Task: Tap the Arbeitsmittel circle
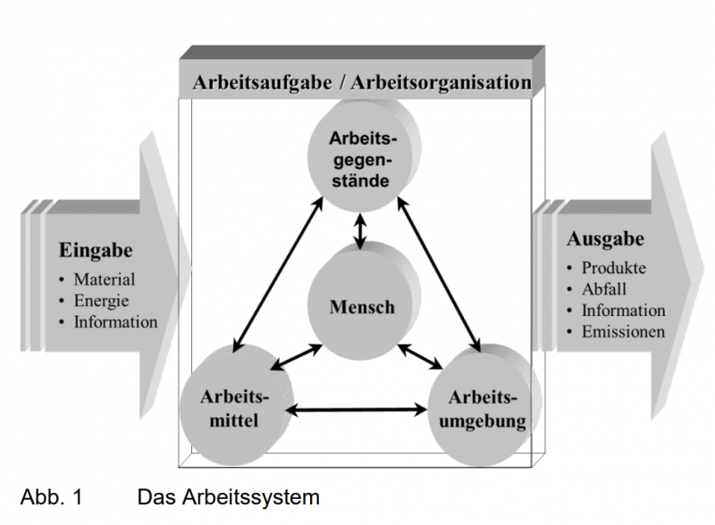point(232,407)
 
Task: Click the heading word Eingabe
point(96,251)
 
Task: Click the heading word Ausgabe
point(605,239)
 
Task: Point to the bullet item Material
point(105,280)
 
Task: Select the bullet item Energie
point(101,301)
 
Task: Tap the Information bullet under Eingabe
point(115,321)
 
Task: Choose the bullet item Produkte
point(613,268)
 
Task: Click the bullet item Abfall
point(604,289)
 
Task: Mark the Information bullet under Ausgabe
point(623,311)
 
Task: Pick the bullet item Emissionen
point(623,332)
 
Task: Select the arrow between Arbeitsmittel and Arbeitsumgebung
point(360,411)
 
